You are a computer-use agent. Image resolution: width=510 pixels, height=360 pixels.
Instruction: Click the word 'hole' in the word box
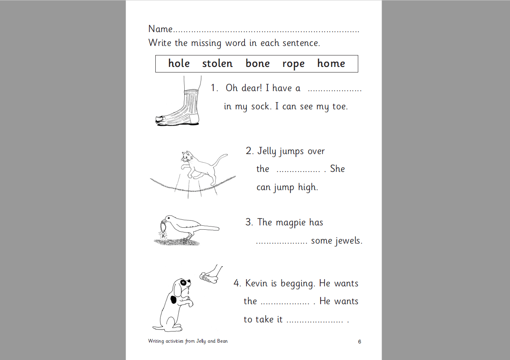click(x=179, y=63)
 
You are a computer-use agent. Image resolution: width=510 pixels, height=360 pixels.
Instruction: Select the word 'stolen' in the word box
click(x=217, y=63)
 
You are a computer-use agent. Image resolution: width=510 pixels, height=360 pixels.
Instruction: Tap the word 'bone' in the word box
click(x=258, y=63)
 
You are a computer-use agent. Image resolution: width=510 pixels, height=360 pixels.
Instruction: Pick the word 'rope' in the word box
click(x=293, y=64)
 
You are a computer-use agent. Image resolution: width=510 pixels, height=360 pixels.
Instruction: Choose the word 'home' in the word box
click(x=331, y=63)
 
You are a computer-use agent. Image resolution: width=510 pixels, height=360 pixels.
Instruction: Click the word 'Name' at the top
click(x=160, y=29)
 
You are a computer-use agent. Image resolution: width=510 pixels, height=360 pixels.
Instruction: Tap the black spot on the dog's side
click(x=173, y=300)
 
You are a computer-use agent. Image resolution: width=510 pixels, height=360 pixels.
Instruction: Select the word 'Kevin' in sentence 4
click(x=257, y=283)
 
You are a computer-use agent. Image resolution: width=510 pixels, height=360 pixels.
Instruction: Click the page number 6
click(x=359, y=342)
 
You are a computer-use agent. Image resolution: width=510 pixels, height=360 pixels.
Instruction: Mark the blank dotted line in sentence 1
click(x=334, y=90)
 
